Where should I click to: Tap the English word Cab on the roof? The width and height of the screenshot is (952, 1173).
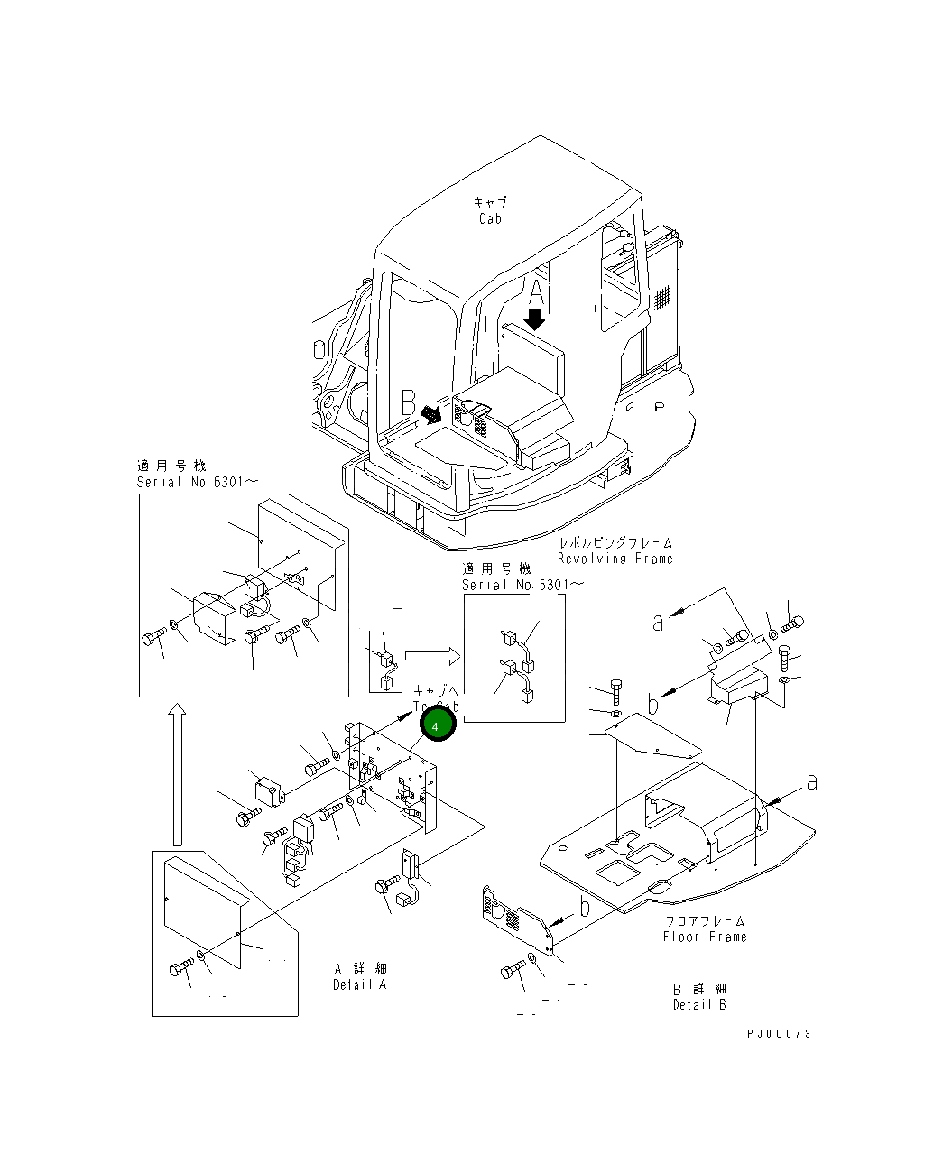coord(490,218)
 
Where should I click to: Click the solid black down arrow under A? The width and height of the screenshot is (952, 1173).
coord(535,319)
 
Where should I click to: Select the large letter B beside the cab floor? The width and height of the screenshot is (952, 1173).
coord(408,400)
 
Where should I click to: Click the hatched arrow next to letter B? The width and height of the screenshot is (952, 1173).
coord(431,412)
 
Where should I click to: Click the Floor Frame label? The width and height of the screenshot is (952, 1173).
coord(704,937)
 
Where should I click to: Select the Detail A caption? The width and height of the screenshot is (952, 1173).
coord(359,984)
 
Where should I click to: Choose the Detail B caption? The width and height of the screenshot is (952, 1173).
coord(698,1004)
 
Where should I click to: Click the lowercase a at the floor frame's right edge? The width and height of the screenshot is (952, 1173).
coord(811,782)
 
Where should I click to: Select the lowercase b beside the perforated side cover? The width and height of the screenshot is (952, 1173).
coord(585,907)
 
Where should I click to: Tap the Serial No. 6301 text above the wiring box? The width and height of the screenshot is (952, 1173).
coord(522,585)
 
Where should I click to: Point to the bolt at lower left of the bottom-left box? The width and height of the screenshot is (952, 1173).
coord(180,969)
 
